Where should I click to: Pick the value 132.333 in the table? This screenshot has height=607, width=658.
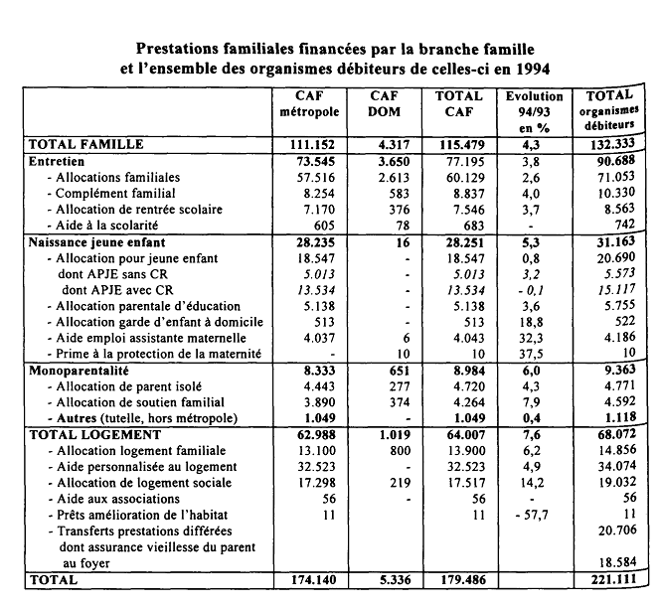pyautogui.click(x=610, y=144)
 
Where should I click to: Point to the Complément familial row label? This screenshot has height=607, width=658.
pyautogui.click(x=115, y=193)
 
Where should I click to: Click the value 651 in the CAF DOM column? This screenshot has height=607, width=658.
pyautogui.click(x=386, y=370)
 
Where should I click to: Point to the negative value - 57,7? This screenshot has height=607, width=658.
pyautogui.click(x=533, y=515)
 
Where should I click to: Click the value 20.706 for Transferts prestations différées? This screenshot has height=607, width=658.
pyautogui.click(x=610, y=531)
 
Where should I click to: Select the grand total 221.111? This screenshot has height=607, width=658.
pyautogui.click(x=610, y=580)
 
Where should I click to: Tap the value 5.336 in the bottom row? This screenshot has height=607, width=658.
pyautogui.click(x=386, y=580)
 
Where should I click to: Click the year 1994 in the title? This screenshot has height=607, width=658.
pyautogui.click(x=524, y=69)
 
